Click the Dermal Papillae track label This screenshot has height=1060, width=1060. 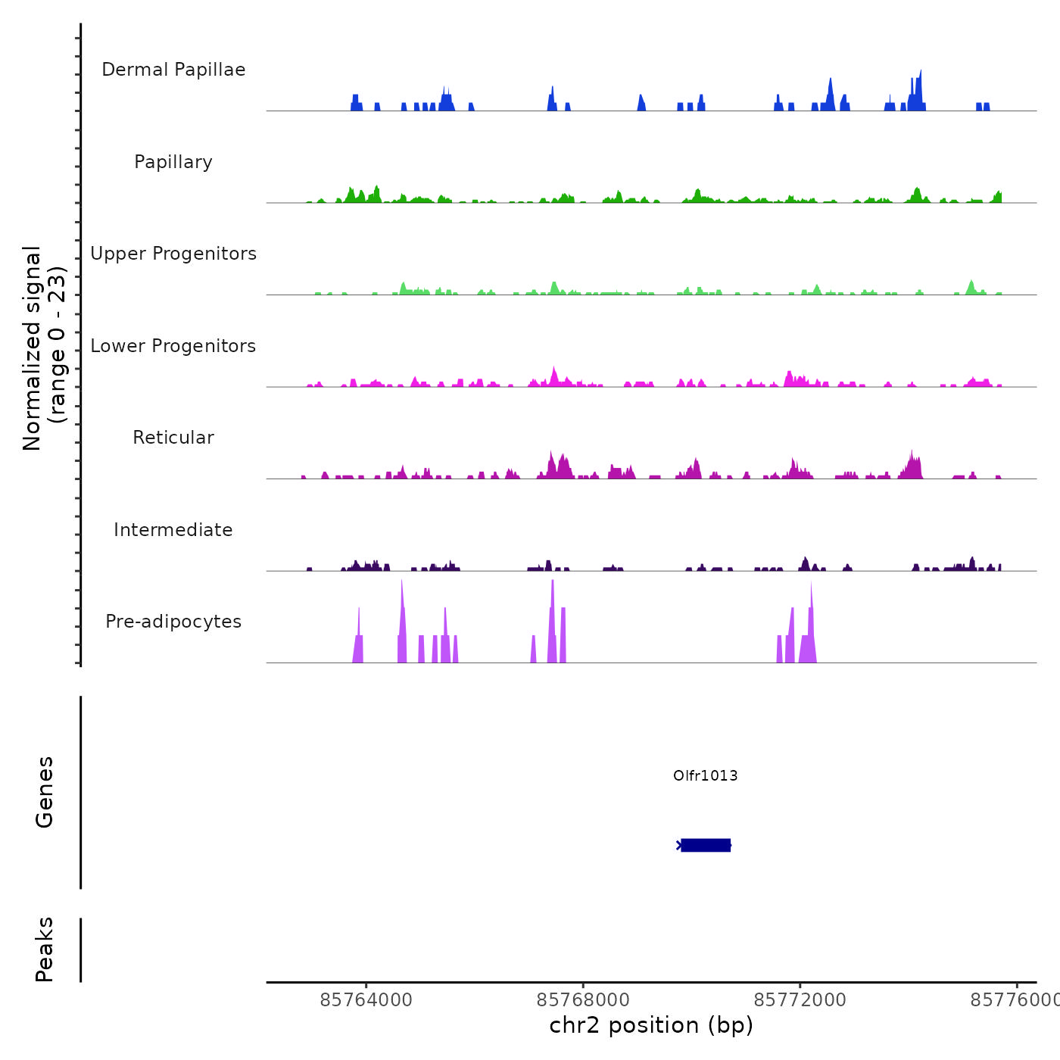pos(173,70)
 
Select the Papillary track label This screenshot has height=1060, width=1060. pos(173,162)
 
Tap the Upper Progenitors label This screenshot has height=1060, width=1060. pos(173,254)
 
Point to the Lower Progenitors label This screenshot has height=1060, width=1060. pos(173,346)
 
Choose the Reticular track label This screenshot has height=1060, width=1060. pos(173,438)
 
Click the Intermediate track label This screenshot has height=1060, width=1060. pos(173,530)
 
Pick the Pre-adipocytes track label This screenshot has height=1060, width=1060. pos(173,622)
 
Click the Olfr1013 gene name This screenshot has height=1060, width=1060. pos(705,775)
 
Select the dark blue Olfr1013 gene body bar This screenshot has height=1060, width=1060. pos(706,845)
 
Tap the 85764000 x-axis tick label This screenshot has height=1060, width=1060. pos(366,1000)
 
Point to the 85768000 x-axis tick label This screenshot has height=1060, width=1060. pos(583,1000)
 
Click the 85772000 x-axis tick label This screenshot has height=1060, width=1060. pos(800,1000)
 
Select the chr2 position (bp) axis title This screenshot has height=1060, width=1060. pos(651,1025)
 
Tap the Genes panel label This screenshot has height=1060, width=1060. pos(45,792)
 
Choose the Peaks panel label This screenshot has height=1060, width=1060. pos(45,949)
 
